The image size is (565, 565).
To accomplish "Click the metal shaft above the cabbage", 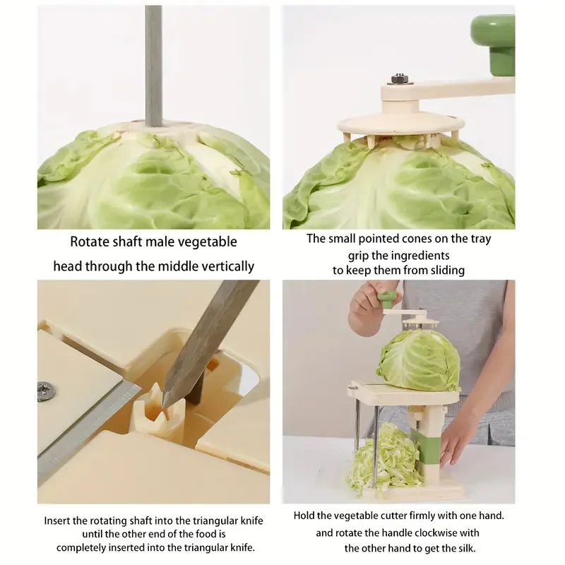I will pos(153,64).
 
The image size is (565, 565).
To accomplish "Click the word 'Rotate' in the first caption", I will pos(89,242).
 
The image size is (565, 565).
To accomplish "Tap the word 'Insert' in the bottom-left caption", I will pos(59,521).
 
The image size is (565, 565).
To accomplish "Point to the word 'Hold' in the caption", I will pos(305,516).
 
